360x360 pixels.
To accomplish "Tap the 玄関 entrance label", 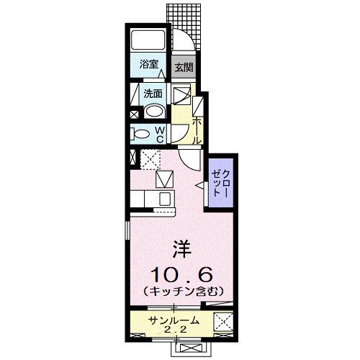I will click(184, 68).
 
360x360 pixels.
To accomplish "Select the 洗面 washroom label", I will click(152, 93).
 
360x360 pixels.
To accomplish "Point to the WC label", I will click(160, 134).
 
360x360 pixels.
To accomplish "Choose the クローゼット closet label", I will click(221, 184).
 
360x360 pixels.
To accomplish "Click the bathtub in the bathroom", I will click(149, 40).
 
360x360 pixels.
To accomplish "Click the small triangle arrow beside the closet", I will click(197, 186).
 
